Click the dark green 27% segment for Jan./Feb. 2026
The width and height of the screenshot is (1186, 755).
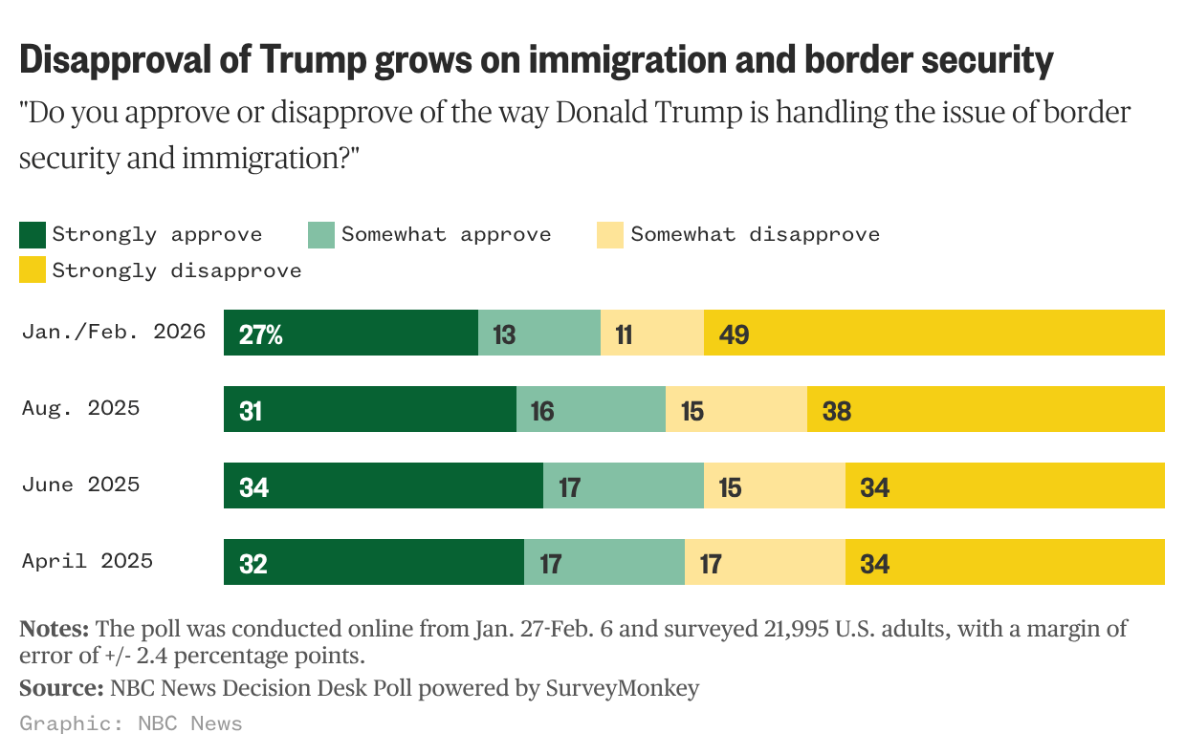click(x=350, y=333)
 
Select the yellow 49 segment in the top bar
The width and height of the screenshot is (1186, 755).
click(x=933, y=333)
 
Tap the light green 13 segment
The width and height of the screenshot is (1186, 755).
click(x=538, y=333)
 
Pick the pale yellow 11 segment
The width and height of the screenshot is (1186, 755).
click(x=651, y=333)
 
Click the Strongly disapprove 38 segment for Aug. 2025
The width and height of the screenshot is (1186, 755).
click(x=985, y=409)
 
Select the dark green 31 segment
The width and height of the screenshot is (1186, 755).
click(x=369, y=409)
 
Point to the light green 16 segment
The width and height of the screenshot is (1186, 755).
click(x=590, y=409)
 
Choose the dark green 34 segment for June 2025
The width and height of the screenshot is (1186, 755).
click(x=383, y=485)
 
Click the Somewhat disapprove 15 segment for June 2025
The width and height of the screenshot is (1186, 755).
click(x=774, y=485)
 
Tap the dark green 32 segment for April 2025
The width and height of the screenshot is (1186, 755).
click(x=373, y=562)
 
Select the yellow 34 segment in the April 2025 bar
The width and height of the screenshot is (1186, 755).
click(x=1004, y=562)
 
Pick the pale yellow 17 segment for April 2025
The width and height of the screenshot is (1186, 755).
click(x=764, y=562)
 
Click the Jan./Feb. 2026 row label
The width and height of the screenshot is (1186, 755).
click(x=114, y=332)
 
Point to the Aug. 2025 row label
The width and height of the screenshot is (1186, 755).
click(x=80, y=408)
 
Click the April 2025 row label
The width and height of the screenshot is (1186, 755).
click(x=87, y=561)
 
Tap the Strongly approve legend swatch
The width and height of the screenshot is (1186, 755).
click(x=33, y=234)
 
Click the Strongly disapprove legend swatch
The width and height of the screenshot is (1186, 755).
click(x=33, y=270)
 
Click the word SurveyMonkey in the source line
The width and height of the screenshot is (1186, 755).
click(x=622, y=688)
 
